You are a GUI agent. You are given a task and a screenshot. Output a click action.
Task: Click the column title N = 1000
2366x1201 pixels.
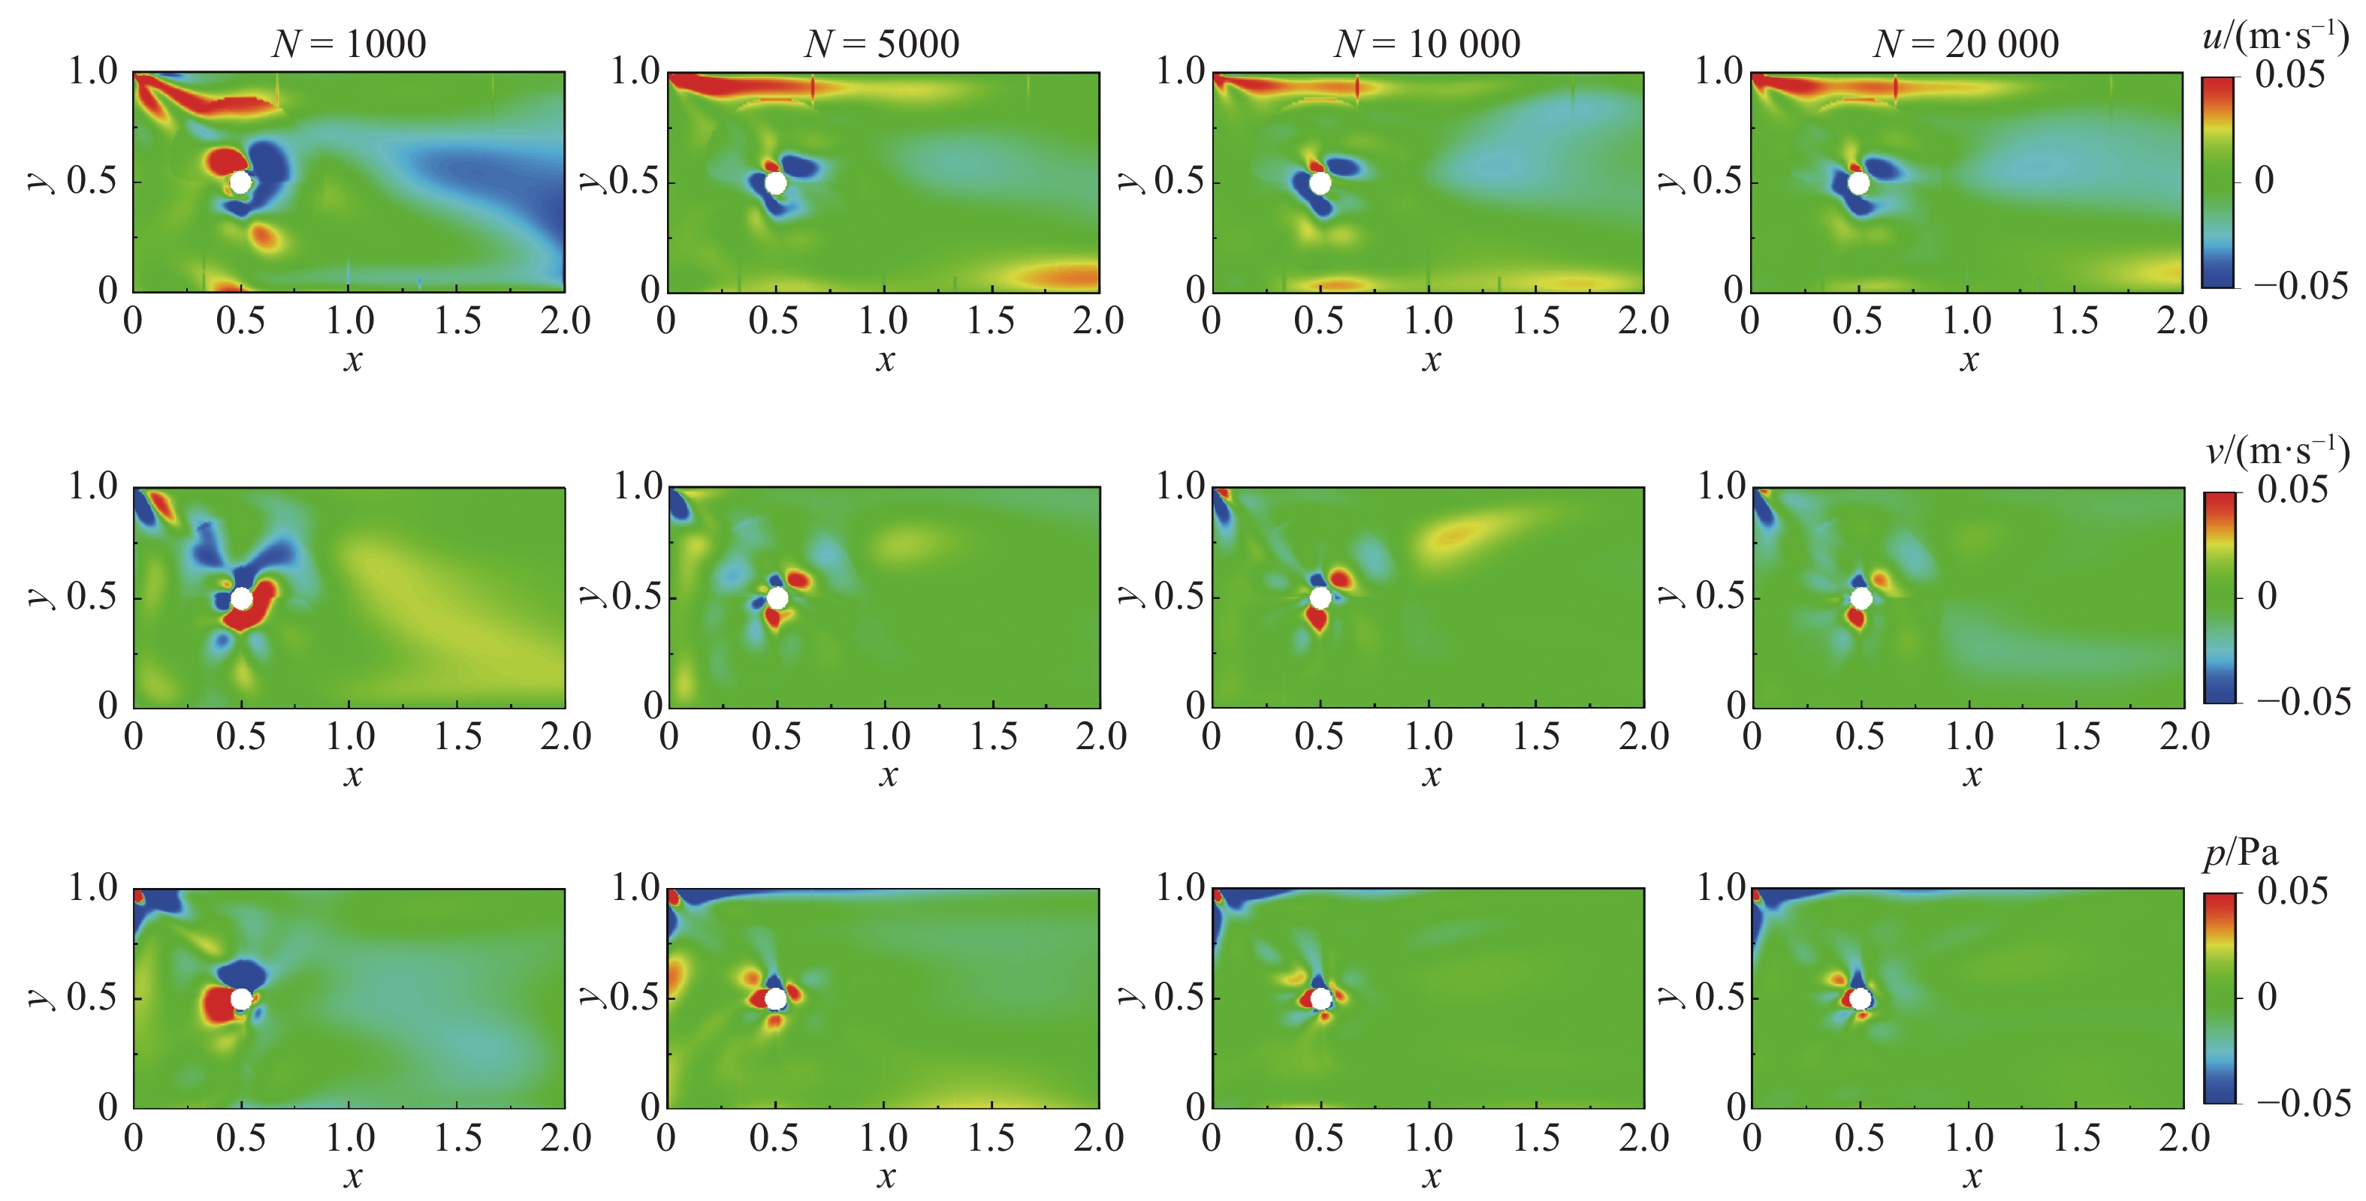[x=349, y=44]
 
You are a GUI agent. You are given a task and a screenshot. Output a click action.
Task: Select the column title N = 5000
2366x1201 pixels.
[x=882, y=44]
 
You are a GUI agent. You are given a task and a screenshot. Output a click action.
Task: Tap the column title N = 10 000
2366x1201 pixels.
[x=1426, y=44]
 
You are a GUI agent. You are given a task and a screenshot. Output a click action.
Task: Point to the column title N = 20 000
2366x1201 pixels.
[x=1966, y=44]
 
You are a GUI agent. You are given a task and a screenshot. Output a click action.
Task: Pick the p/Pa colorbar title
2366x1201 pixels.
[x=2241, y=854]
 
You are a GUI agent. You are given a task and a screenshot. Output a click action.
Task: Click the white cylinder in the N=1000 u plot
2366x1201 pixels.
[x=240, y=182]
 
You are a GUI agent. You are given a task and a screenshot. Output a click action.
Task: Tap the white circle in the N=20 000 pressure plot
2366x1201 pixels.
[x=1861, y=999]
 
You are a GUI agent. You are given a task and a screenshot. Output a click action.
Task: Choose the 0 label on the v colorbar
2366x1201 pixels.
[x=2267, y=597]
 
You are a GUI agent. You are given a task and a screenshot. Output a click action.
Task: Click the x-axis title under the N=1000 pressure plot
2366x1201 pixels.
[x=353, y=1176]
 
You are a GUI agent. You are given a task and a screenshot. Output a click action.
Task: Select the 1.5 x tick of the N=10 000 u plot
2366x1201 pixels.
[x=1536, y=321]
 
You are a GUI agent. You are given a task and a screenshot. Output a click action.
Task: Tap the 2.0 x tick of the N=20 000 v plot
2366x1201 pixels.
[x=2184, y=736]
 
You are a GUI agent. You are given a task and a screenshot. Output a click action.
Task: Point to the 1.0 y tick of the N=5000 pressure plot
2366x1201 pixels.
[x=635, y=888]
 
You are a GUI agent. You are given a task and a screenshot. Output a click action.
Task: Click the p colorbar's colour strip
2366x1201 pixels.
[x=2219, y=998]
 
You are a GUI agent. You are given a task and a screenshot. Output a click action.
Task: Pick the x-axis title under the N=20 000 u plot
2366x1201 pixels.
[x=1969, y=359]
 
